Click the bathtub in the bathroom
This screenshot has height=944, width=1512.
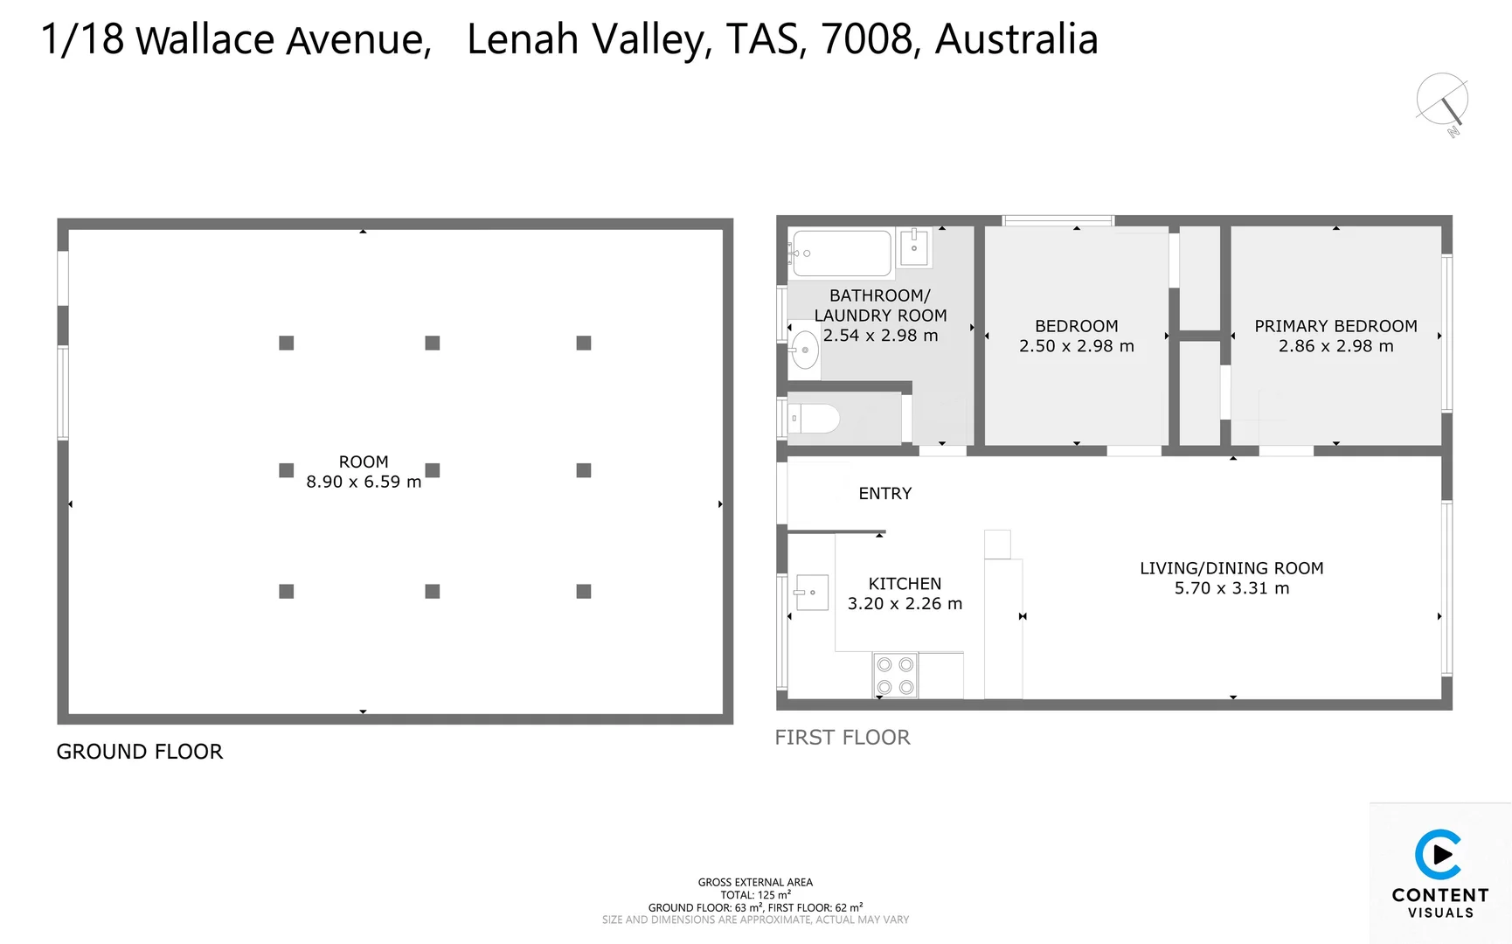coord(841,253)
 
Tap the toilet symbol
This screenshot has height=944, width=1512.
coord(816,419)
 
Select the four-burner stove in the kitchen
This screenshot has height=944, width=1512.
coord(896,676)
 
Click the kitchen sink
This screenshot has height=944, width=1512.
coord(812,593)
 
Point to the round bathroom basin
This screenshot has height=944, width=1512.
coord(805,351)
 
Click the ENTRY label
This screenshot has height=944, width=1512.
coord(884,494)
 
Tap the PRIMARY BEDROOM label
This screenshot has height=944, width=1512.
coord(1335,326)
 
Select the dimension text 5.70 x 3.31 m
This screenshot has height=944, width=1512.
coord(1231,588)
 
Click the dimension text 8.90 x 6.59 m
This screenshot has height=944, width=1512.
coord(364,482)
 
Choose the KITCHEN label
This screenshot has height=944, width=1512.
coord(905,584)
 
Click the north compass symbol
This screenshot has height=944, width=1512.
coord(1443,101)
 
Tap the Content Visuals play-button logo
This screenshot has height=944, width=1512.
coord(1439,854)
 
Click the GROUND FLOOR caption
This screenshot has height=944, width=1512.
coord(140,752)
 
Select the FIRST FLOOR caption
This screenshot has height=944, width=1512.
coord(843,738)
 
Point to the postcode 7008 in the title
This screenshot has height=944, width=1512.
coord(868,39)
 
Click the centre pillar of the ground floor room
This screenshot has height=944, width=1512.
coord(433,470)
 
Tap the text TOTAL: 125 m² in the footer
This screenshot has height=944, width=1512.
coord(755,895)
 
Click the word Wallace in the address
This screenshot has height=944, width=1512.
coord(206,40)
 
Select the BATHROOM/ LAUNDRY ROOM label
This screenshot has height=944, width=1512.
coord(880,306)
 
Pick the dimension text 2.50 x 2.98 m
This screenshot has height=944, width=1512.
coord(1076,346)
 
